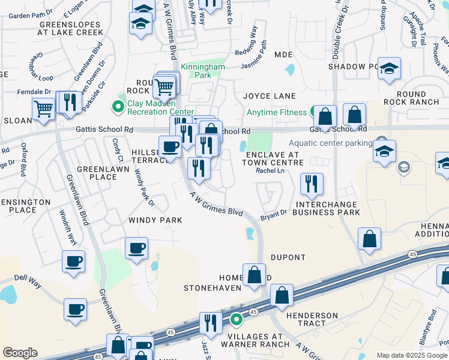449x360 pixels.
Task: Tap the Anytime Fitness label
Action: point(276,112)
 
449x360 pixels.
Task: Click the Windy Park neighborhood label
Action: point(155,220)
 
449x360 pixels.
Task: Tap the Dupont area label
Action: point(288,257)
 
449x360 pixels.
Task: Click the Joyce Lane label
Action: point(270,96)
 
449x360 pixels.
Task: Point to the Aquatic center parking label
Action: point(330,143)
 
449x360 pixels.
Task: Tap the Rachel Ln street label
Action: point(270,170)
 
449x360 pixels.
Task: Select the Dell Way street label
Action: point(26,278)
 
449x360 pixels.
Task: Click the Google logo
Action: point(20,353)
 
